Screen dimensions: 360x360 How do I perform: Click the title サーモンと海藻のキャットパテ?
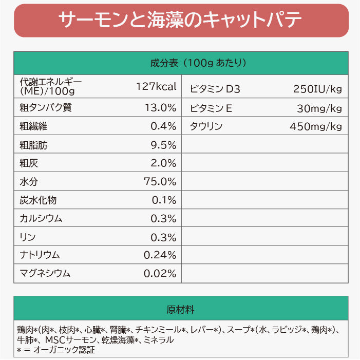click(x=180, y=21)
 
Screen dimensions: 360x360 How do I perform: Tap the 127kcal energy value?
click(x=156, y=86)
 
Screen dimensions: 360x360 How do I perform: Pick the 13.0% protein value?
click(x=160, y=108)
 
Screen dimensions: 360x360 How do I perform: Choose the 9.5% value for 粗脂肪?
click(x=163, y=145)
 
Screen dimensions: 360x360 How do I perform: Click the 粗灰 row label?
click(x=29, y=163)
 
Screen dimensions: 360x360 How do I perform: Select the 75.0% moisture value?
click(x=160, y=182)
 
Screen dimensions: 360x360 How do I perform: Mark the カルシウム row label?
click(x=41, y=218)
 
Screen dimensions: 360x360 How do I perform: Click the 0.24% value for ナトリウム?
click(x=160, y=255)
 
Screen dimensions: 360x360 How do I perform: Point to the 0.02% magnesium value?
click(x=160, y=273)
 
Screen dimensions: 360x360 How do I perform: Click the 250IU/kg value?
click(x=317, y=89)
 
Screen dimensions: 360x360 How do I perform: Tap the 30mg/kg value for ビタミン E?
click(x=319, y=108)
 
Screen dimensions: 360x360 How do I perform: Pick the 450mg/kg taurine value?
click(x=316, y=126)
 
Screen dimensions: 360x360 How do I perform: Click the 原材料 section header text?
click(x=180, y=310)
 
